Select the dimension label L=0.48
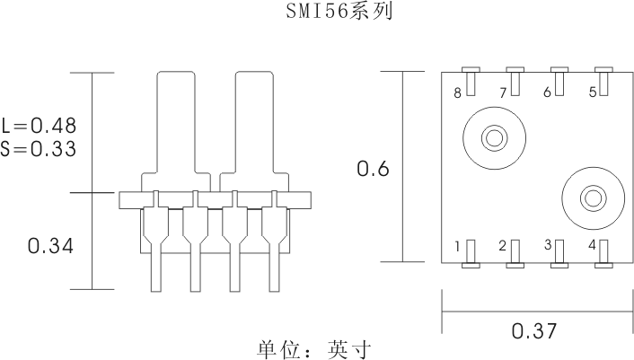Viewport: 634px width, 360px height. pos(39,125)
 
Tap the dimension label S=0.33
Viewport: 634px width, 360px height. pos(39,148)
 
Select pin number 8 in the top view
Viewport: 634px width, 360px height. pos(458,92)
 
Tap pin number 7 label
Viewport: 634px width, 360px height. pos(503,92)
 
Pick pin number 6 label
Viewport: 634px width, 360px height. pos(547,92)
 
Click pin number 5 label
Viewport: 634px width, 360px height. pos(592,92)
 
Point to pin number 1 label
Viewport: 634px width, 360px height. pos(458,245)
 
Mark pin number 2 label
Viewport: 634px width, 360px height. pos(503,245)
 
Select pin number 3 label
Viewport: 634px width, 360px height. pos(547,244)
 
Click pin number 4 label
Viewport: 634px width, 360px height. pos(592,245)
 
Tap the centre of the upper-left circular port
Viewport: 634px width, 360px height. pos(493,139)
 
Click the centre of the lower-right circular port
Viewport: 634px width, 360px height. pos(592,198)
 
